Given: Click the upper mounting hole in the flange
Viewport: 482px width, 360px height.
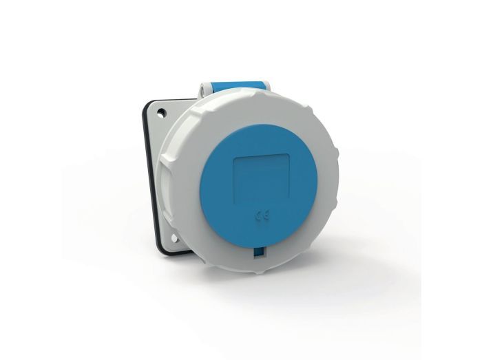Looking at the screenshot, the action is pos(160,113).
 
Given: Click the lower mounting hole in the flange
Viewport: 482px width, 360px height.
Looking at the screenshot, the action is pos(174,238).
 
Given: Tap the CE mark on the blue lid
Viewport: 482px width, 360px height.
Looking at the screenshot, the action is pos(262,216).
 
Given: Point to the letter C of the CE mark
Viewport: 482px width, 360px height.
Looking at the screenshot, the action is pos(258,216).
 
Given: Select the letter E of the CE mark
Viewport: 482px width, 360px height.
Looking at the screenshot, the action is pos(267,215).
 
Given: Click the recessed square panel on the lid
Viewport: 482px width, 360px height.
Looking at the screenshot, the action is pos(262,180).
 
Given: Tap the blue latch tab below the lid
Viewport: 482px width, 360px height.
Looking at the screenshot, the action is pos(258,252).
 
